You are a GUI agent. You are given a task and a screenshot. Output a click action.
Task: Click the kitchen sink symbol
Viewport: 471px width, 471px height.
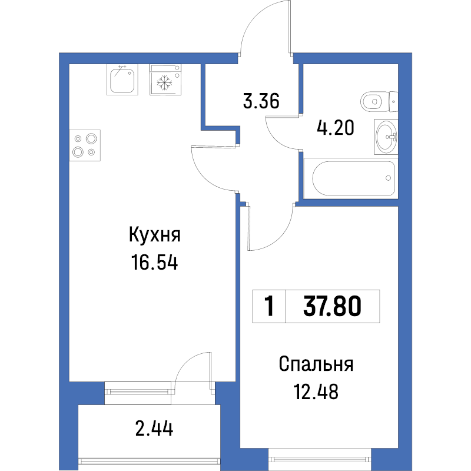123,79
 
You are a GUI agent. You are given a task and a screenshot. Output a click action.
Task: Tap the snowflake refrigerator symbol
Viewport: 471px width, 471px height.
165,80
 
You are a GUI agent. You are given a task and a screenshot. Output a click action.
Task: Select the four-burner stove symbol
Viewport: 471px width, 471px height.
84,145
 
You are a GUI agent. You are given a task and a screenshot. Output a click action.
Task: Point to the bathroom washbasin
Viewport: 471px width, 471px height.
386,136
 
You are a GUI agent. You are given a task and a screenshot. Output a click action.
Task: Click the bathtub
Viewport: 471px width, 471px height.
353,178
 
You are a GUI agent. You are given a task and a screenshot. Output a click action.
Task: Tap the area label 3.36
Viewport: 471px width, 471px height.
260,101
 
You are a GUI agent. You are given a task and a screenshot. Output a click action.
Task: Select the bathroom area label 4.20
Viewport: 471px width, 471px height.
335,127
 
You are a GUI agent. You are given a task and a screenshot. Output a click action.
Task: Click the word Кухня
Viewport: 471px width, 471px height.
154,236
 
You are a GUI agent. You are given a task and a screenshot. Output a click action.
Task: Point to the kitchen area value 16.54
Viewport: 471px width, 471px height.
154,263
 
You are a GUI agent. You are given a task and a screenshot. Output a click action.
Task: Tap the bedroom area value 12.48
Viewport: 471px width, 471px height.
316,391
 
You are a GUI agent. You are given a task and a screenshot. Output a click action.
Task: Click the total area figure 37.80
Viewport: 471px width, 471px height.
332,306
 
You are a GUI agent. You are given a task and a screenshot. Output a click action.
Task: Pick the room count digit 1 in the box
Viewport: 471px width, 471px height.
269,306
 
